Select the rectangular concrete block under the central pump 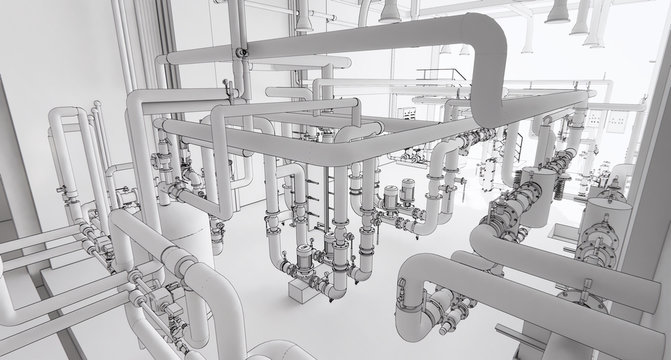click(x=303, y=290)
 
